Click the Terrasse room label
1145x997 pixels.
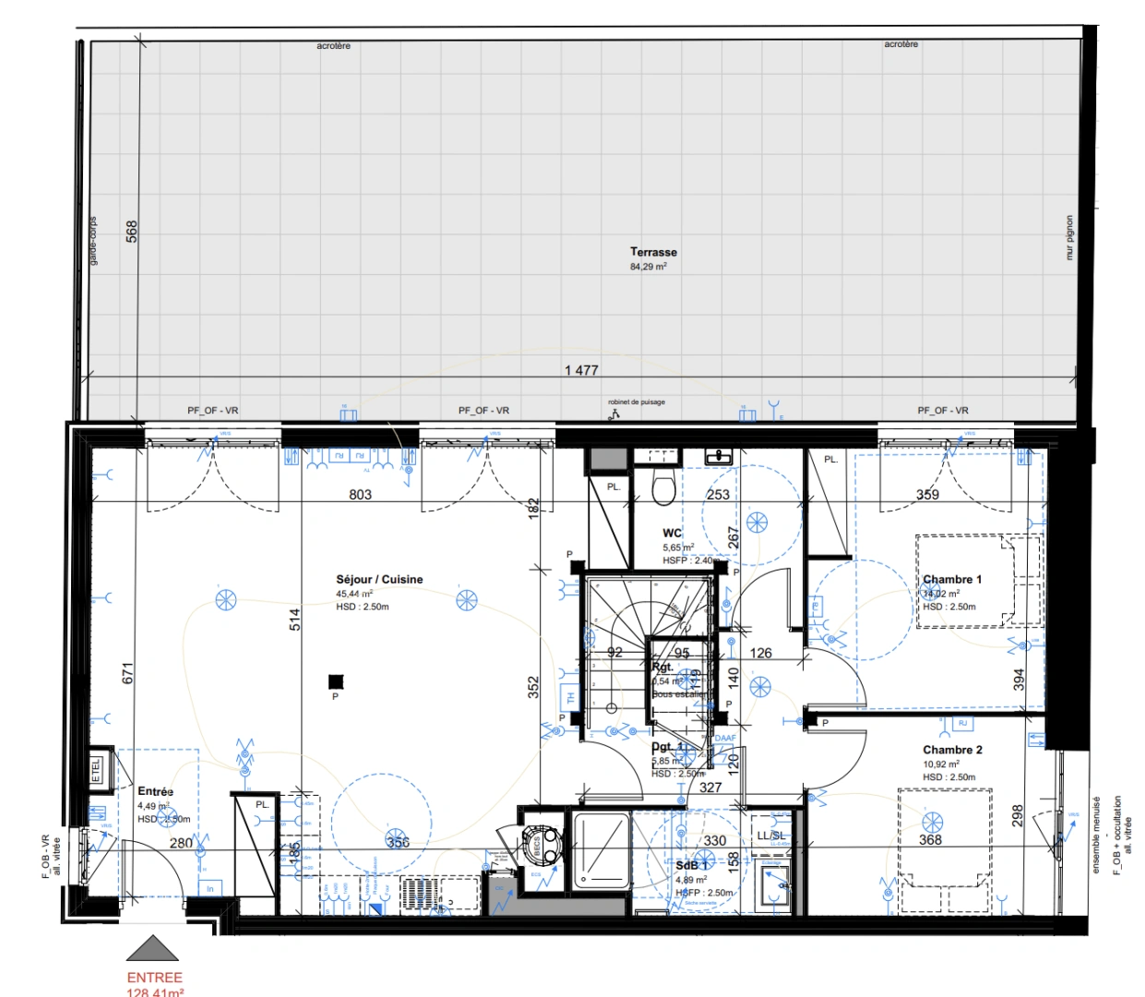tap(653, 252)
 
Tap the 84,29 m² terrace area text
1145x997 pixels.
tap(649, 267)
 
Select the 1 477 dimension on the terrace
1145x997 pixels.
tap(581, 370)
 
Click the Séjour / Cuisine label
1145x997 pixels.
tap(379, 580)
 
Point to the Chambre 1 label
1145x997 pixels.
tap(952, 580)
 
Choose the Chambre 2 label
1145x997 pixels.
tap(952, 750)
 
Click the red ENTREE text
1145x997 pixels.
tap(154, 977)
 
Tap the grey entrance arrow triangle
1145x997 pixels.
tap(152, 949)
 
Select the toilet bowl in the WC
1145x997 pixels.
tap(662, 489)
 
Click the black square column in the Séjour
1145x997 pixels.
tap(336, 682)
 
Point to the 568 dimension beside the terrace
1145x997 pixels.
tap(132, 231)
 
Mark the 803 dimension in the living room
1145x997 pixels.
tap(360, 495)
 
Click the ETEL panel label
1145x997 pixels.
tap(97, 771)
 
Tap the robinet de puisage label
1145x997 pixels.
tap(636, 402)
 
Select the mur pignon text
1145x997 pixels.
tap(1069, 238)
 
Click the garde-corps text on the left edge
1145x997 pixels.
tap(93, 242)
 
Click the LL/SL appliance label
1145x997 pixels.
tap(771, 835)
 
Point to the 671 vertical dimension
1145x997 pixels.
tap(128, 673)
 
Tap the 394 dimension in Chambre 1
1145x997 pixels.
tap(1019, 679)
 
